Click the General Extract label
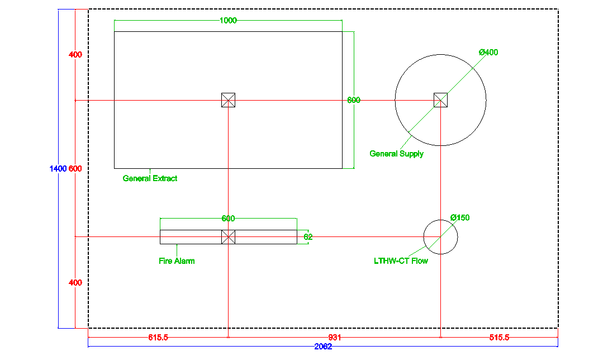pos(150,178)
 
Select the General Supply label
pos(396,154)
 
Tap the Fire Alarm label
pos(177,261)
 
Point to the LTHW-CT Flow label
pos(401,261)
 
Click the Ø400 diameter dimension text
pos(488,53)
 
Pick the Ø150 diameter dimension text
pos(460,217)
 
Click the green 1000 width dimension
pos(228,21)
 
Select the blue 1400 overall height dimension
pos(58,169)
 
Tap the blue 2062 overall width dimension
pos(323,347)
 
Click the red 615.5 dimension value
pos(158,338)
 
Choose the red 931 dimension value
pos(335,338)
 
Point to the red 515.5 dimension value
pos(499,338)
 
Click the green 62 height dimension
pos(308,237)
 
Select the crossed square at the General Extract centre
pos(229,100)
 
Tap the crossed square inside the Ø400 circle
pos(440,100)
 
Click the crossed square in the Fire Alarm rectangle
pos(229,237)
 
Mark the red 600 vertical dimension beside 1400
pos(75,169)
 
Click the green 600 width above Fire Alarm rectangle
pos(228,219)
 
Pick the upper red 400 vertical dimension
pos(75,55)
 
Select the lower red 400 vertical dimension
pos(75,283)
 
